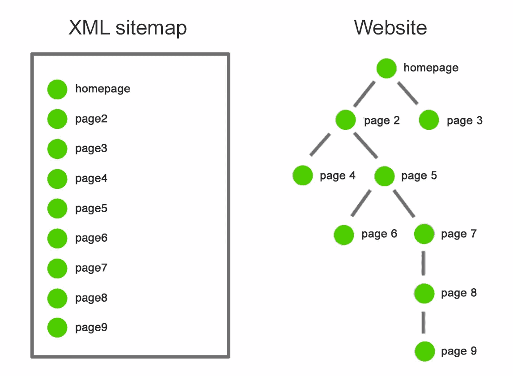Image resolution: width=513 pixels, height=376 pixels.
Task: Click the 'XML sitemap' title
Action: (x=127, y=28)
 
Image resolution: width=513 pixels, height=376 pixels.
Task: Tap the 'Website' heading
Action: (x=390, y=28)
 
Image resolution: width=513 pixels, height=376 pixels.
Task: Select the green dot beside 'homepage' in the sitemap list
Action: (x=57, y=89)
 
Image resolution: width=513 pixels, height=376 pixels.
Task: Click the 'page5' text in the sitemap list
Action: (x=91, y=208)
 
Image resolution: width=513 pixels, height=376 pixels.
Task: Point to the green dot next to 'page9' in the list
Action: (x=57, y=328)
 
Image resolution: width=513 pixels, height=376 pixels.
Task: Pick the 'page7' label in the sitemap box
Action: (x=91, y=268)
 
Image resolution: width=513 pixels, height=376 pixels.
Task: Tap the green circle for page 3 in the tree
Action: (x=429, y=120)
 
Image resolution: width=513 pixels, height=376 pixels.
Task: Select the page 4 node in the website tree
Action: (x=303, y=175)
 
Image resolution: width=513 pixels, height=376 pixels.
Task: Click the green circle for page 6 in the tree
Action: (x=344, y=235)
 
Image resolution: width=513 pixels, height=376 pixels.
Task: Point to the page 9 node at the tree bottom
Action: (x=424, y=351)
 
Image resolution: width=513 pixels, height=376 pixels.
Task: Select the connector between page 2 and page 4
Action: (x=320, y=145)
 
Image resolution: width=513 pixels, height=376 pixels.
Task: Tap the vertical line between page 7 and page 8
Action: (x=424, y=264)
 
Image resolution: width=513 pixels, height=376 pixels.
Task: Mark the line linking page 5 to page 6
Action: (x=361, y=203)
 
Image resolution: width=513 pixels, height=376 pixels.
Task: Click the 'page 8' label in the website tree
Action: (x=459, y=293)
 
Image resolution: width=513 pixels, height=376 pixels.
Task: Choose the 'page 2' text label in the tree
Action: (x=382, y=121)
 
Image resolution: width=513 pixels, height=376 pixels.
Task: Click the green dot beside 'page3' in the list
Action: (x=57, y=149)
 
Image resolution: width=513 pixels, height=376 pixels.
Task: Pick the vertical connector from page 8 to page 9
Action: (x=424, y=322)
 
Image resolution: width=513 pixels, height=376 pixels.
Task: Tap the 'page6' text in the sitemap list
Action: (x=91, y=238)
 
